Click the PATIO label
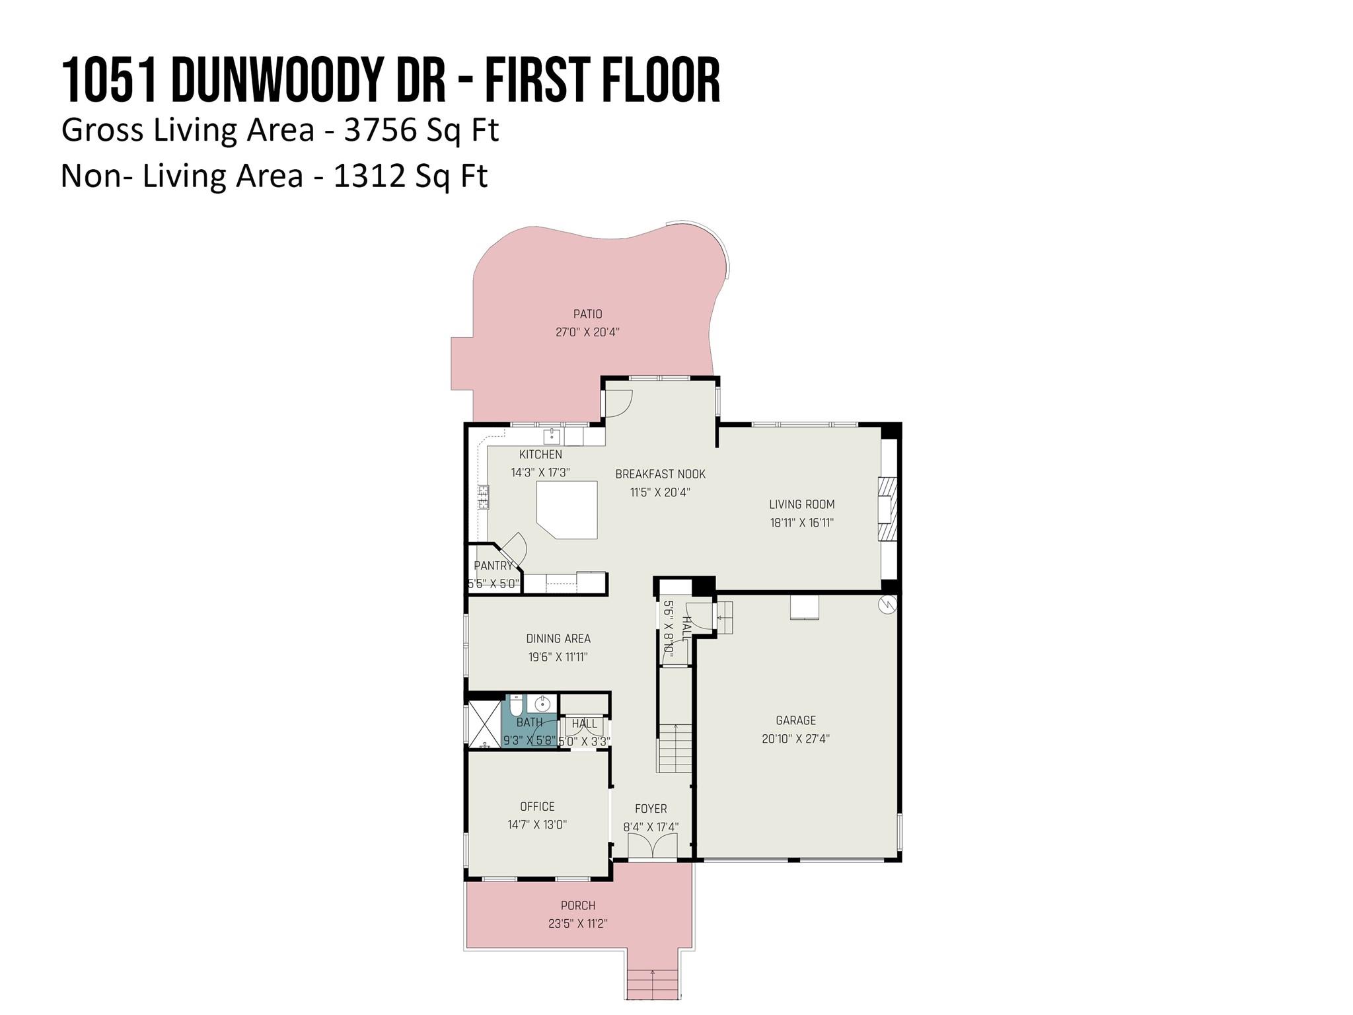(587, 314)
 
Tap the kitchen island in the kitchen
(568, 509)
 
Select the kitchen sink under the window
(552, 436)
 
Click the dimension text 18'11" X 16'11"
(801, 523)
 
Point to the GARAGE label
(795, 720)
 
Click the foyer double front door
(652, 846)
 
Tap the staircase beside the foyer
(675, 747)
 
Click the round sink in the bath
(542, 704)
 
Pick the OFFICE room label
(537, 806)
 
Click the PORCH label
(578, 905)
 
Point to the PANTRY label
(493, 566)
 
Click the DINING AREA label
(558, 638)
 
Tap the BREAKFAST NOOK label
(660, 474)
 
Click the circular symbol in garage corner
(887, 604)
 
